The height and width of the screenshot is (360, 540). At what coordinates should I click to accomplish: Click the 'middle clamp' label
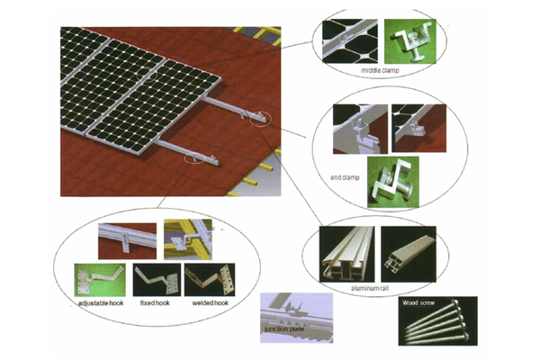tap(380, 70)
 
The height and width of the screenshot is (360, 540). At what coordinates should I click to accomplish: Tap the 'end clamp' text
tap(345, 177)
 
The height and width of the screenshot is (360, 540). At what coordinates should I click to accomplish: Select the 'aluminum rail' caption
tap(370, 288)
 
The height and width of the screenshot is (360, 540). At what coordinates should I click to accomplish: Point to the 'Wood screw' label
tap(418, 303)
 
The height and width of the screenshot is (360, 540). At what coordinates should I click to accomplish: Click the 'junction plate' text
tap(284, 329)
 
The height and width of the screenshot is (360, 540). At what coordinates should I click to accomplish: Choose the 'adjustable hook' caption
tap(101, 303)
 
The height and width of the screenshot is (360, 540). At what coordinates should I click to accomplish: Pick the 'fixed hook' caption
tap(155, 303)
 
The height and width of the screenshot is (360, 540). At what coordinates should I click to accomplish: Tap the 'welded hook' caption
tap(210, 303)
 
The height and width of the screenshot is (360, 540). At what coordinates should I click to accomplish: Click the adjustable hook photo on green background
tap(100, 280)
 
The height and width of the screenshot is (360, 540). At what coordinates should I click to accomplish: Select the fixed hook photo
tap(157, 280)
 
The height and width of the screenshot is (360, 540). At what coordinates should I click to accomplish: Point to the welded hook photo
tap(210, 280)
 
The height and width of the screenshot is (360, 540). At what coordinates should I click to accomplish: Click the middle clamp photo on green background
tap(410, 41)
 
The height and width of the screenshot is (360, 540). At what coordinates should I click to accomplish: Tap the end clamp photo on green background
tap(393, 182)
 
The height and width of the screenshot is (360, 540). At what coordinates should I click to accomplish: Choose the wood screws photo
tap(438, 320)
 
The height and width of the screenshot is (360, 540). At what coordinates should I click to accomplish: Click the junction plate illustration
tap(296, 318)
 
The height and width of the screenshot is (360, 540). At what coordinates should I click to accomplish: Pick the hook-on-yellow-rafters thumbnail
tap(188, 239)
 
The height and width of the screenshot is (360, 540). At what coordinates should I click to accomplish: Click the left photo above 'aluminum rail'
tap(346, 254)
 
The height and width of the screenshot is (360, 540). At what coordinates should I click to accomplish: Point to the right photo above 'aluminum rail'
tap(409, 254)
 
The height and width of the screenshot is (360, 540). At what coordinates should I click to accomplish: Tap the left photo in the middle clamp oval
tap(350, 41)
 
